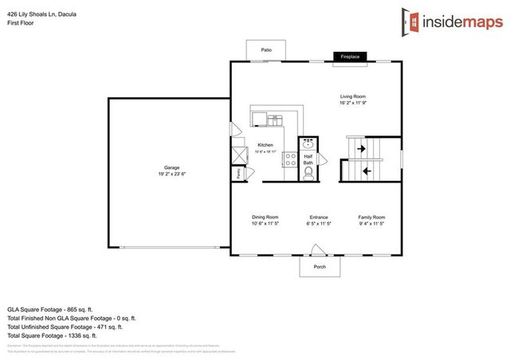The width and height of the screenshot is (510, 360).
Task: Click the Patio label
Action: click(265, 50)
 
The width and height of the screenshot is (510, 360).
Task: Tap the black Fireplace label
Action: click(350, 57)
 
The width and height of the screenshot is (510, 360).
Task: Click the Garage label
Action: click(171, 170)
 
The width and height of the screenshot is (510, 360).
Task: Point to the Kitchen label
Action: click(265, 146)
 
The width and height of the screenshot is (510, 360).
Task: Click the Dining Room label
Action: click(265, 217)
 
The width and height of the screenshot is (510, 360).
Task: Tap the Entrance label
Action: click(320, 217)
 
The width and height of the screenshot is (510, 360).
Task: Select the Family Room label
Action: click(371, 217)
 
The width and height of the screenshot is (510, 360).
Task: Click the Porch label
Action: click(319, 267)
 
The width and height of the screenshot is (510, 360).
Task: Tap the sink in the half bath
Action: click(308, 144)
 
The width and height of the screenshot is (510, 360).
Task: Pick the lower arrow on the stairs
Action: click(367, 170)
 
